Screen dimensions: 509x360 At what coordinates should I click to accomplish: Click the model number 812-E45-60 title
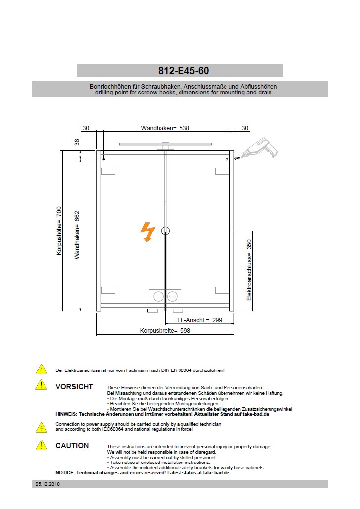(x=180, y=71)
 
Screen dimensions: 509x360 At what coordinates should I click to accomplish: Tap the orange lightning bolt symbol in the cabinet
(x=148, y=231)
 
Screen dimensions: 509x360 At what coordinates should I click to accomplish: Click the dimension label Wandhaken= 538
(x=165, y=128)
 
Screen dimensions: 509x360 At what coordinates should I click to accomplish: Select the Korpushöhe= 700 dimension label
(x=59, y=231)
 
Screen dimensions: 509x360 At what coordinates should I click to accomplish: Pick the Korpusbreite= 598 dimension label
(x=165, y=331)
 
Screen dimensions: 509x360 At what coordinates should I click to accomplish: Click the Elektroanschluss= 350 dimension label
(x=249, y=270)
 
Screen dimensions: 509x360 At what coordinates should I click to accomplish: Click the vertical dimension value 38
(x=77, y=142)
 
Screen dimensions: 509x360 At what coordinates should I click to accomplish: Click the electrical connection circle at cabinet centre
(x=165, y=231)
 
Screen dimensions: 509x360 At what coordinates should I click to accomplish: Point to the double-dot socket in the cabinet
(x=173, y=296)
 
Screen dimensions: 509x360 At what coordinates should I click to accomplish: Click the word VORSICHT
(x=74, y=387)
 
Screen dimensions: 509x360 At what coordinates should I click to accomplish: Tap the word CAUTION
(x=72, y=446)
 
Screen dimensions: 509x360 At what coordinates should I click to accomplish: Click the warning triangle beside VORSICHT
(x=41, y=384)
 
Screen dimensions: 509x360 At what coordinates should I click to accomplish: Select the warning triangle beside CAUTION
(x=41, y=445)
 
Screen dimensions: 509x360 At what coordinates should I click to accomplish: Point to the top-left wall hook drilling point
(x=103, y=159)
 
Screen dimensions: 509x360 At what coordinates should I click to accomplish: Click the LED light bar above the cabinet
(x=165, y=144)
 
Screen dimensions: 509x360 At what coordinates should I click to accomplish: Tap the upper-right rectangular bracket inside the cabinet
(x=222, y=171)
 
